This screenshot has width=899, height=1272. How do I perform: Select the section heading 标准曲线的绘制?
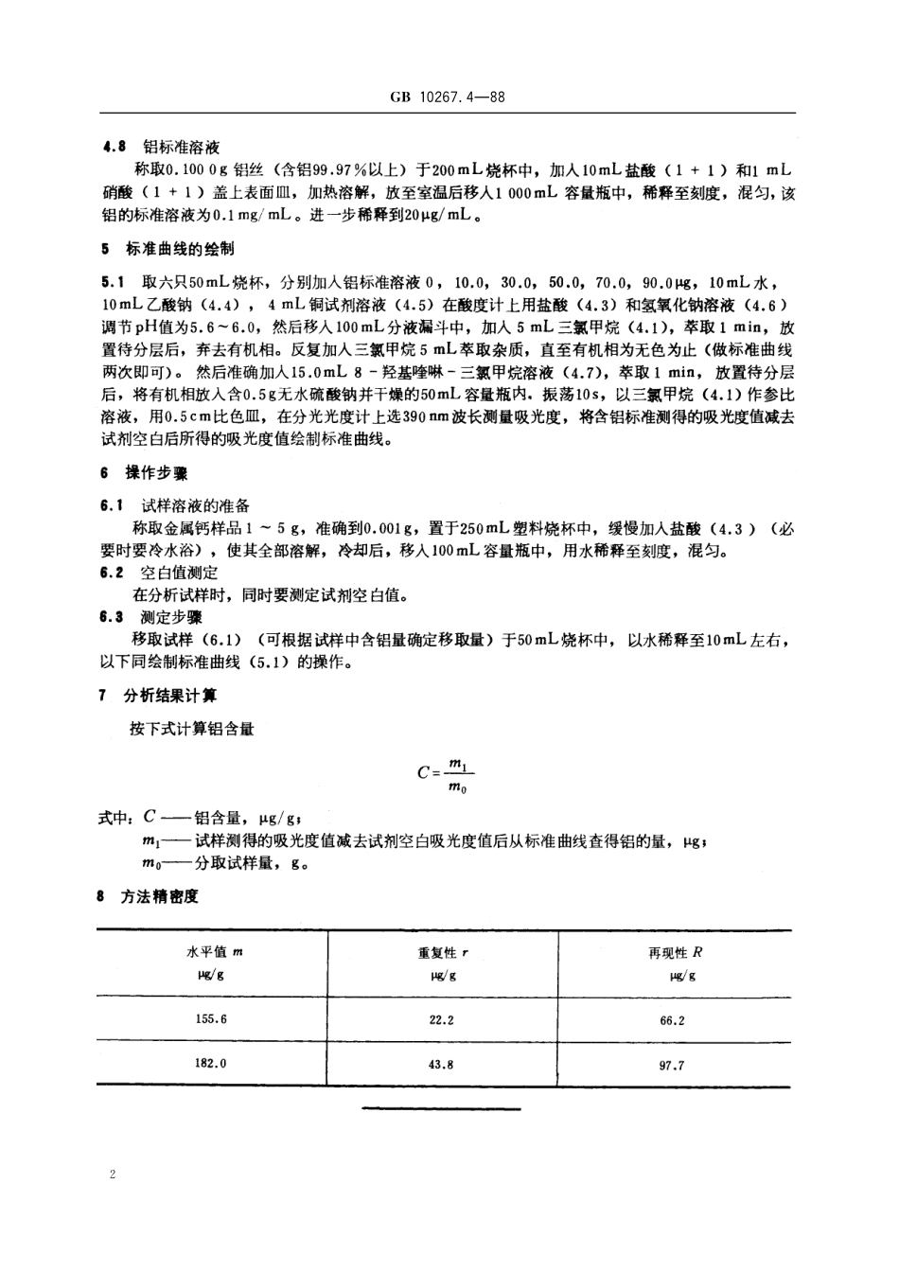[180, 249]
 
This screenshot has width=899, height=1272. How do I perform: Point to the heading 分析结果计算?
[171, 696]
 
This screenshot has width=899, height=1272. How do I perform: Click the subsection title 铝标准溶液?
[180, 147]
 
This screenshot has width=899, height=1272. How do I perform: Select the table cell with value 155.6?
[211, 1019]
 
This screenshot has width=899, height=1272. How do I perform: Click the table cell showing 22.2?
[441, 1019]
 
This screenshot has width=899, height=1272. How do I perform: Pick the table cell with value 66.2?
[672, 1020]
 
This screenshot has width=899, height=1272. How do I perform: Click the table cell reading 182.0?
[211, 1063]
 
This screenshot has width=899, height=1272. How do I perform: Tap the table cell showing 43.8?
[441, 1064]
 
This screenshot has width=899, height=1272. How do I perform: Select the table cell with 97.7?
[672, 1065]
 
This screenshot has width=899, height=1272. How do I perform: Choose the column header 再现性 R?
[674, 953]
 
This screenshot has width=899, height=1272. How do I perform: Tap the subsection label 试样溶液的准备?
[196, 505]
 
